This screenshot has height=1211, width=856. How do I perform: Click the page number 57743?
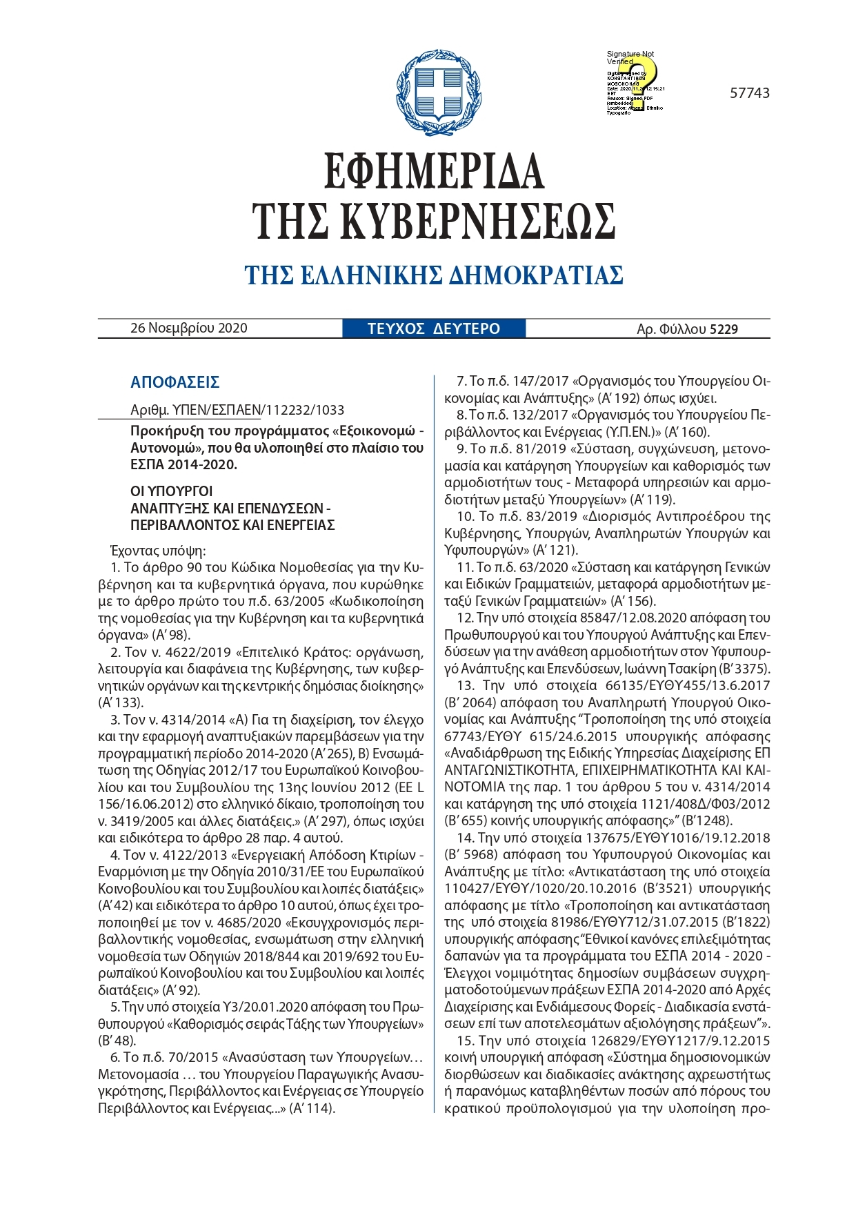[x=749, y=93]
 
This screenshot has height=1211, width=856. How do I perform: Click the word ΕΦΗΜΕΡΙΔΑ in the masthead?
[x=434, y=171]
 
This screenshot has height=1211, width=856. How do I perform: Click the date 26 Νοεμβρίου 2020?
[x=188, y=328]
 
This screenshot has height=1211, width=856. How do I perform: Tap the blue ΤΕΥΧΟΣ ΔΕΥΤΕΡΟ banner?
[x=433, y=328]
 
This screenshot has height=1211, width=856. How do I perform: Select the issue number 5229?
[x=724, y=329]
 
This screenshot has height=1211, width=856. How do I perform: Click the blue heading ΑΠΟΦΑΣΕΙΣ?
[x=175, y=382]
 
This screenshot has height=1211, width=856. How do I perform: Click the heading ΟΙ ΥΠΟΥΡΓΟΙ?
[x=171, y=491]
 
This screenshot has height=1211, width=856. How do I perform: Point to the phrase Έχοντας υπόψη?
[x=158, y=551]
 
